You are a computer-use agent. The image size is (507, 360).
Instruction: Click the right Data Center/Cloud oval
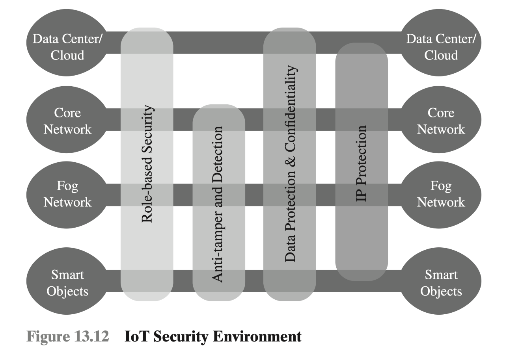pos(441,46)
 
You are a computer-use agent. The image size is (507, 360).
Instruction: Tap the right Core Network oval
pos(441,121)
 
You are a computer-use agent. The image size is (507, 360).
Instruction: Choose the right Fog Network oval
pos(441,194)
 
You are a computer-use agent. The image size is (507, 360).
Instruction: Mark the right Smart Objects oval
pos(441,283)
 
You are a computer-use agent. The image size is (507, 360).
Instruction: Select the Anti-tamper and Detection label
pos(218,204)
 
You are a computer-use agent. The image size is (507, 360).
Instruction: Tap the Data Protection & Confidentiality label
pos(290,164)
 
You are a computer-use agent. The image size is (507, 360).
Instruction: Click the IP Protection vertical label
pos(361,163)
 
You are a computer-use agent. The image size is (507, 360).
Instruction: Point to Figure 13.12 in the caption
pos(67,337)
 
